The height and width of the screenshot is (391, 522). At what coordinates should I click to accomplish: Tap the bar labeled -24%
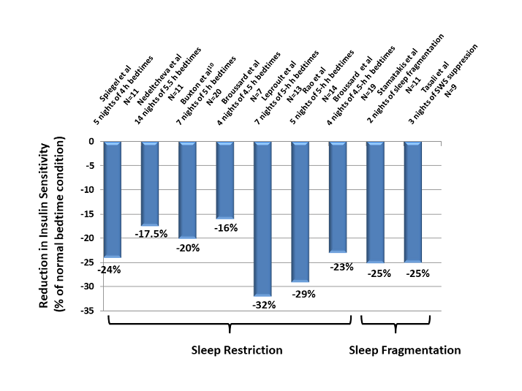tap(112, 199)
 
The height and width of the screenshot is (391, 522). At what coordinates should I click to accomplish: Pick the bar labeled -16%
tap(225, 180)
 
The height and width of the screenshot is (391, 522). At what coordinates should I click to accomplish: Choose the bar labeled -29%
tap(300, 211)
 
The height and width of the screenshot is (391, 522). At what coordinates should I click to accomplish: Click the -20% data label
tap(188, 248)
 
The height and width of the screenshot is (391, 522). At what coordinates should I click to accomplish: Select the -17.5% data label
tap(151, 234)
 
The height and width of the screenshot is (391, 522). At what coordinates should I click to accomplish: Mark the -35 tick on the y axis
tap(86, 311)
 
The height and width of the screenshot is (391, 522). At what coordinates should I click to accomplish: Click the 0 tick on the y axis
tap(92, 141)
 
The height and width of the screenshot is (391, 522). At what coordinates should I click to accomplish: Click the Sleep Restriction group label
tap(232, 350)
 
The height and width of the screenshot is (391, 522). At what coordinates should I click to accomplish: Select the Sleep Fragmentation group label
tap(404, 350)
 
